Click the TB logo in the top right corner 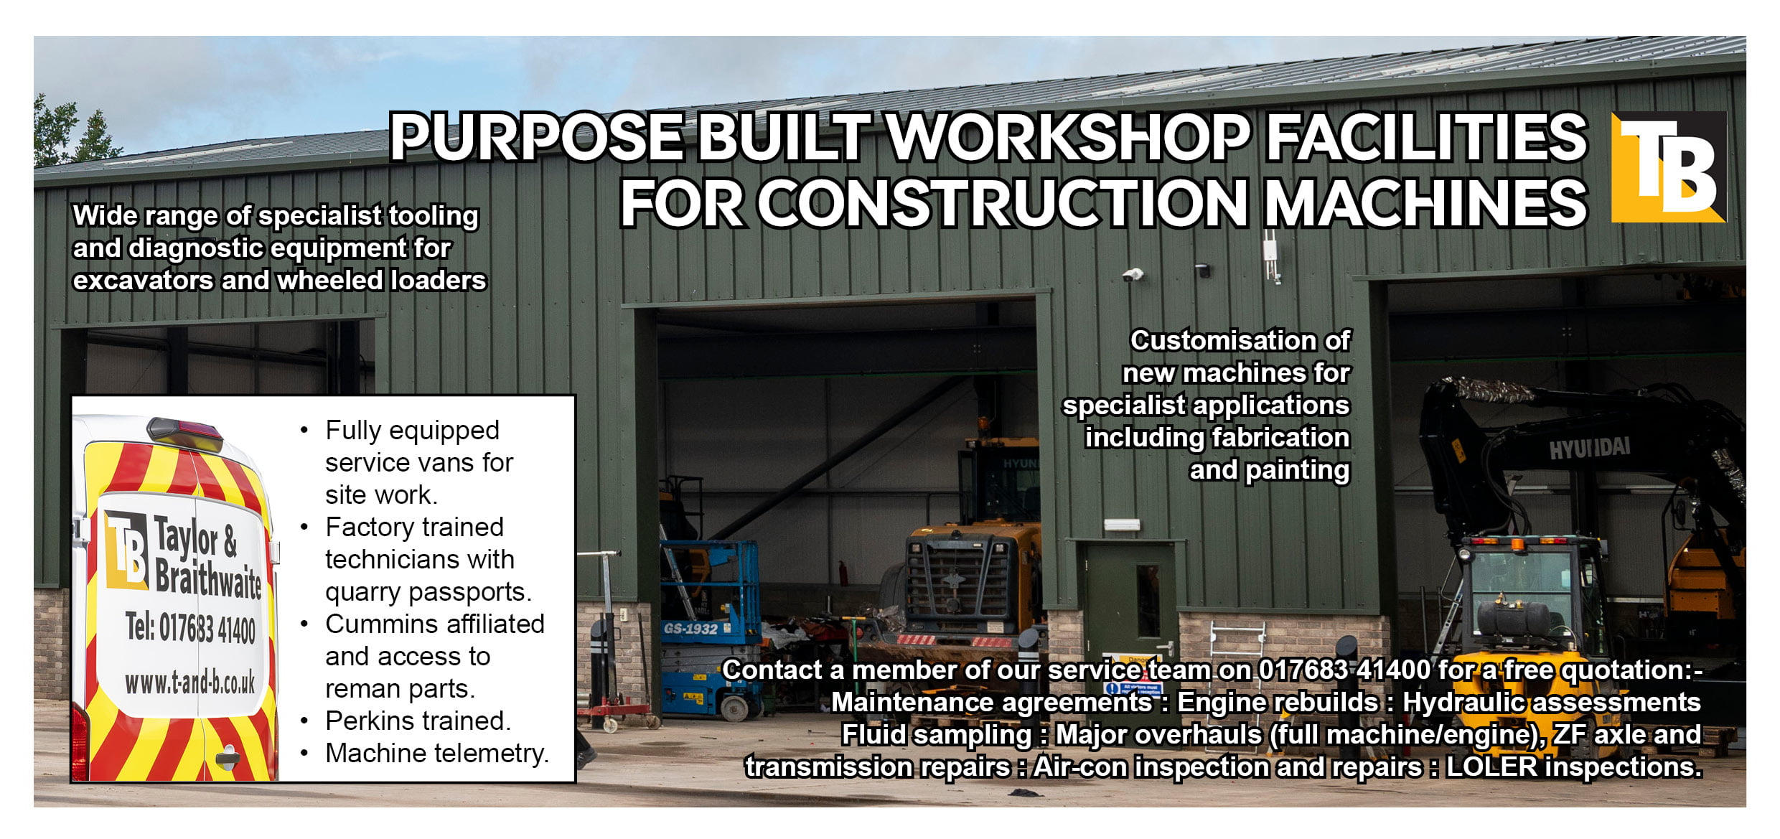click(1667, 167)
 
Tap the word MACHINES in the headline click(1425, 203)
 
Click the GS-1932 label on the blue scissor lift click(690, 629)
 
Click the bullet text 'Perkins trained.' click(418, 721)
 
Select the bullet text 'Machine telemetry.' click(437, 753)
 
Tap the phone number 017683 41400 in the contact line click(1344, 670)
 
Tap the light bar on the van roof click(185, 432)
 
